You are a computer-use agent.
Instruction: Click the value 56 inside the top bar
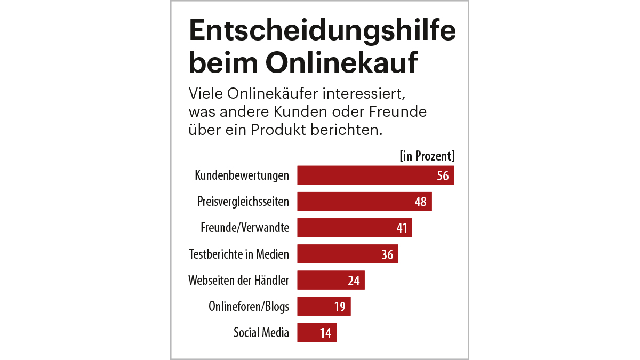coord(443,175)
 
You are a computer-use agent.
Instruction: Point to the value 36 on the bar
coord(387,254)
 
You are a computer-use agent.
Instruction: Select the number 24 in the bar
coord(354,280)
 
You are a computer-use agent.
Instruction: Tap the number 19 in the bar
coord(340,307)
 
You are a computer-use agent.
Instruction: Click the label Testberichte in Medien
coord(239,254)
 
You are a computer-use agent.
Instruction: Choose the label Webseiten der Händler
coord(238,280)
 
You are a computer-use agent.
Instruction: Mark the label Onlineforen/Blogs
coord(249,307)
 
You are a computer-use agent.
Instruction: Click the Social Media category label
coord(261,333)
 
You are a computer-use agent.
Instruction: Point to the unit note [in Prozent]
coord(427,156)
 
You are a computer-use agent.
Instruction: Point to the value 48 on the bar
coord(420,202)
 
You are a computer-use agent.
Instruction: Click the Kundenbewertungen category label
coord(242,175)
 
